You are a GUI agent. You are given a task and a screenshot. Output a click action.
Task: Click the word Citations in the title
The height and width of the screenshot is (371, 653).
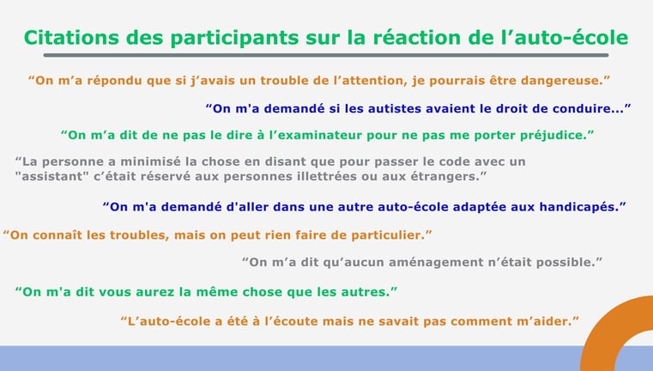(x=71, y=38)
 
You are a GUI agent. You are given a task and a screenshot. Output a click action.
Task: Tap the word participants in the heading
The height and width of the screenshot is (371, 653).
(x=234, y=39)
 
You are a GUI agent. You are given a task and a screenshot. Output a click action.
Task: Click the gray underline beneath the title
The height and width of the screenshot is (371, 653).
(x=326, y=55)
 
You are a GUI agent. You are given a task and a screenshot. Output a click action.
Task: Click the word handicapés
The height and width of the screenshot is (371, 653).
(x=579, y=207)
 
